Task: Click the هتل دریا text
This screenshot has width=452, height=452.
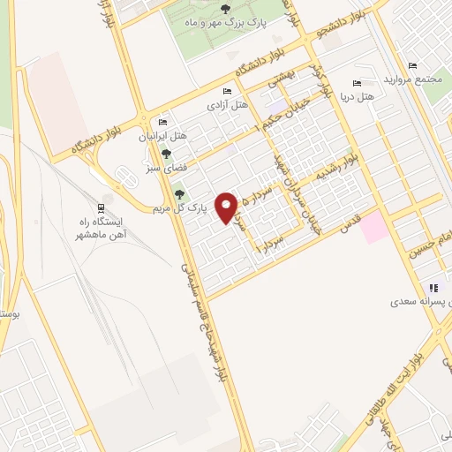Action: click(x=358, y=95)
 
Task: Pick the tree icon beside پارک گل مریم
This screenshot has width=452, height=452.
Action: click(x=180, y=194)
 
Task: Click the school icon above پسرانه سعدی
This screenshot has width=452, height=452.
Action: click(x=433, y=288)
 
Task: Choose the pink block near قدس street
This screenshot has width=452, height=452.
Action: click(x=373, y=227)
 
